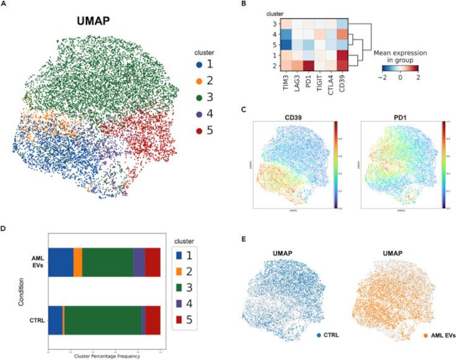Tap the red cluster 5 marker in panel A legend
[x=202, y=130]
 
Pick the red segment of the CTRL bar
[x=153, y=320]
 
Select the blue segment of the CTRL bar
[x=55, y=320]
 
